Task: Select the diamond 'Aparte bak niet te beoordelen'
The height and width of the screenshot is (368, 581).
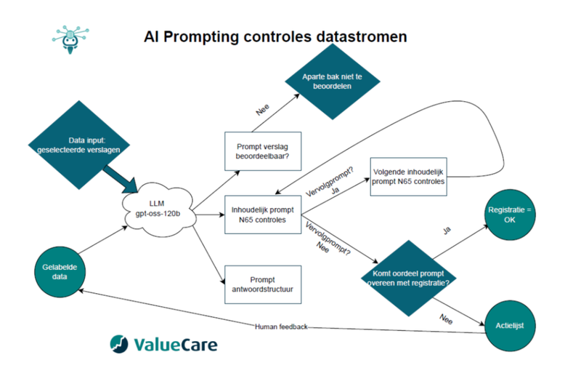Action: coord(333,80)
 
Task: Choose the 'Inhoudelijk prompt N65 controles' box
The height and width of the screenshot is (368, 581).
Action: coord(262,214)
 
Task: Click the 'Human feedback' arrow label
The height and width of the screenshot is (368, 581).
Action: coord(281,327)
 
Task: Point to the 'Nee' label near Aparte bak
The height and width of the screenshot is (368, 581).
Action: coord(263,111)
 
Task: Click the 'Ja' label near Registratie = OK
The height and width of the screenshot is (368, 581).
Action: coord(449,231)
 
